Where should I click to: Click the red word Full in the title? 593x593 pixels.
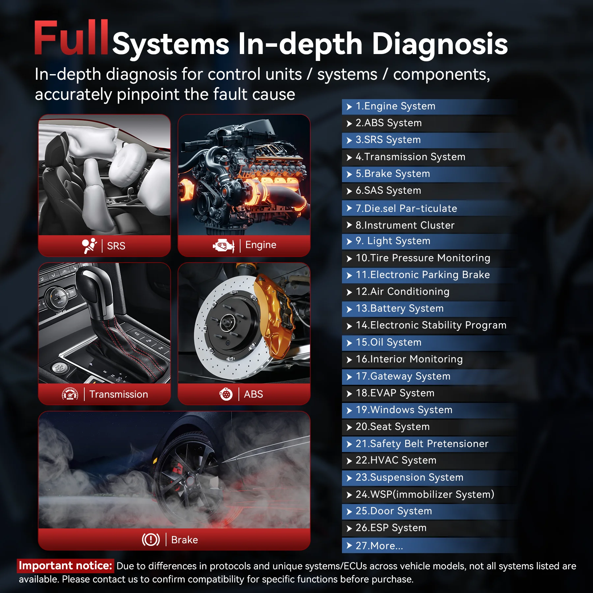71,38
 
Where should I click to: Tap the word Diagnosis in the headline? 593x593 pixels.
439,44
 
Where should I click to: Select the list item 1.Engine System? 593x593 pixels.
395,106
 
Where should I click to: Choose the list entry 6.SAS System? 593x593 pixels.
388,191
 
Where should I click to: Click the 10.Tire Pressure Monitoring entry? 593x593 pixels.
423,258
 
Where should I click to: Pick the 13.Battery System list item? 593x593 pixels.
399,309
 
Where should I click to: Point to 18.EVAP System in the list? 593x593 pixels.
395,393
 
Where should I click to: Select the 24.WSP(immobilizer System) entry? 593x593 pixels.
425,494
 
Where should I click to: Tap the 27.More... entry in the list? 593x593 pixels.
379,546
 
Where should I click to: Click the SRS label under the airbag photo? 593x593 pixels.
116,246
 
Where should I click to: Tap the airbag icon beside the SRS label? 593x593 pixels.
89,246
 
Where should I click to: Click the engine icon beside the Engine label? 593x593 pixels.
223,245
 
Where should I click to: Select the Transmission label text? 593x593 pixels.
119,394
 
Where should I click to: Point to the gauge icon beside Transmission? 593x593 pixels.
70,394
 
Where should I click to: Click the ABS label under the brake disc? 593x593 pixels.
253,394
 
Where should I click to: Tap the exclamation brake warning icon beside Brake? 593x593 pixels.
151,540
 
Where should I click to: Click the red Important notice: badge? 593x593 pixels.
66,566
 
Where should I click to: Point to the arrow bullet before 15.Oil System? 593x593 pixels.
349,343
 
